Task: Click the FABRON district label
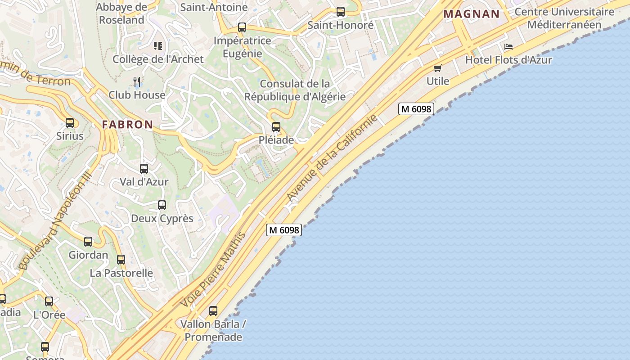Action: click(x=127, y=125)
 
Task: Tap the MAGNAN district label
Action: click(x=471, y=14)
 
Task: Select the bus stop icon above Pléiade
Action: click(x=276, y=127)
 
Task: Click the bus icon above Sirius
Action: click(x=70, y=123)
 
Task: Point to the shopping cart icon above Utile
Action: click(x=437, y=68)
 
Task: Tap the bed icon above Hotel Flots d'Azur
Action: click(x=508, y=47)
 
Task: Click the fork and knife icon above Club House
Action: click(x=137, y=81)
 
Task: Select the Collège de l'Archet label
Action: click(x=158, y=59)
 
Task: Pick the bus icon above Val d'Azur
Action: click(x=144, y=169)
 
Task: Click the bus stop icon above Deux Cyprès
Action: click(x=162, y=205)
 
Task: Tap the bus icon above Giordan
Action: click(x=88, y=242)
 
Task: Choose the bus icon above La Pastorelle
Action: click(x=121, y=260)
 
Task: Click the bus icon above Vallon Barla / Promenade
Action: click(x=213, y=310)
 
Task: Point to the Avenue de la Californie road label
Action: click(x=332, y=158)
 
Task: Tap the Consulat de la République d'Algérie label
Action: click(x=295, y=90)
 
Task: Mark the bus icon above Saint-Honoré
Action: click(x=341, y=12)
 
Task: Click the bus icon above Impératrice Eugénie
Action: click(x=242, y=27)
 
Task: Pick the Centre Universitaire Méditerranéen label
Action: click(x=564, y=18)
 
